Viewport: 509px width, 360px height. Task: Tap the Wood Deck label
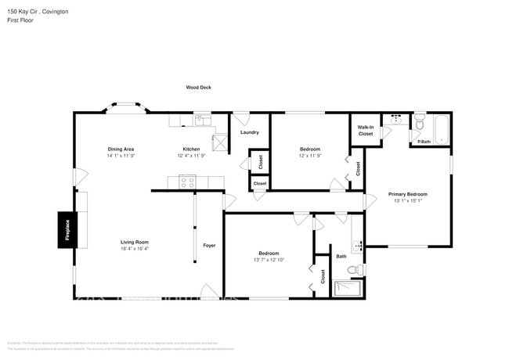coord(198,88)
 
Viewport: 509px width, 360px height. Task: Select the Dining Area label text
coord(121,149)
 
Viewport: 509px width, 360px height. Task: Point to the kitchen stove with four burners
coord(187,182)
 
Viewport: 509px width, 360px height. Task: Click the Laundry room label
coord(250,132)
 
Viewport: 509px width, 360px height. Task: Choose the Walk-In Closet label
coord(366,130)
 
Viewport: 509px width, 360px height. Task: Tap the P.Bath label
coord(424,141)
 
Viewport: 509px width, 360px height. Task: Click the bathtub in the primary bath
coord(441,129)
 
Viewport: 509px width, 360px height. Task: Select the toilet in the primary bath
coord(420,124)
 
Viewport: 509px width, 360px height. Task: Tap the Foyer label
coord(209,246)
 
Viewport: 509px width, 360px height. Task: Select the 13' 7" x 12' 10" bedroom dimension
coord(269,260)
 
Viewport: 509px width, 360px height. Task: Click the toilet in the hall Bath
coord(355,270)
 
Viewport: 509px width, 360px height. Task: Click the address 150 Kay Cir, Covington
coord(37,12)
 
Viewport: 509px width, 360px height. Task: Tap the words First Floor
coord(21,20)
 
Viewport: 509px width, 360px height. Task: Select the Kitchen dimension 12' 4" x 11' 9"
coord(191,156)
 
